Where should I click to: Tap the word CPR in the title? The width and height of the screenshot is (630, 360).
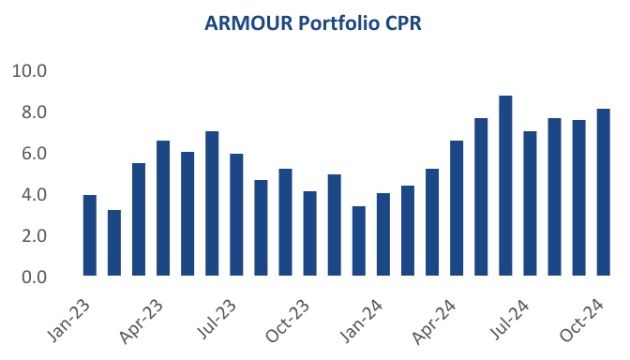pyautogui.click(x=402, y=26)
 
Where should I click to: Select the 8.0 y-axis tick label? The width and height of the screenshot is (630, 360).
pyautogui.click(x=34, y=112)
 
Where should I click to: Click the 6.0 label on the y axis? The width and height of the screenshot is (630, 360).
pyautogui.click(x=34, y=154)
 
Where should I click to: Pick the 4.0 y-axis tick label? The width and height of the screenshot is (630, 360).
pyautogui.click(x=34, y=195)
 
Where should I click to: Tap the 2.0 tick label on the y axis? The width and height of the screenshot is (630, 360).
pyautogui.click(x=34, y=236)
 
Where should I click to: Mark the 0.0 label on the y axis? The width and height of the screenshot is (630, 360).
pyautogui.click(x=34, y=277)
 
